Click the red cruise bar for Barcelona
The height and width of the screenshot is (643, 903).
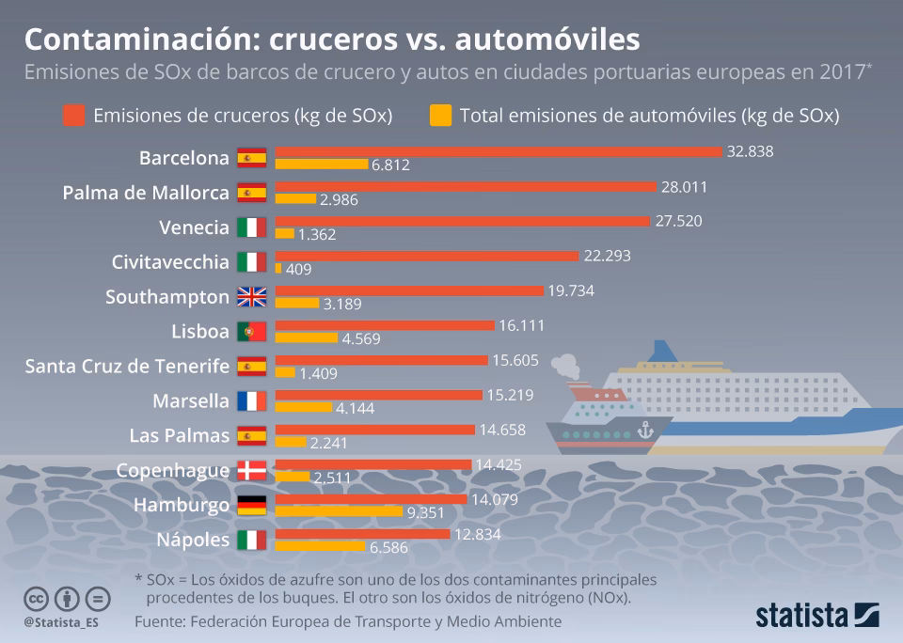(x=499, y=151)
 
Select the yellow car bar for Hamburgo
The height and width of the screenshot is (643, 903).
(x=339, y=511)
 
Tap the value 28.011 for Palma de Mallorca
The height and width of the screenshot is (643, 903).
(x=684, y=187)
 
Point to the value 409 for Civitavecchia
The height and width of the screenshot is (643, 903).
(x=298, y=269)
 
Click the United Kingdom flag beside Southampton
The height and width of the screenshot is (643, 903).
(x=251, y=297)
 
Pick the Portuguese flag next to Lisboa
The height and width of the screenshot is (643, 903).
(x=251, y=332)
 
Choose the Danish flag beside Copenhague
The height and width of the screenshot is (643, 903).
(x=251, y=471)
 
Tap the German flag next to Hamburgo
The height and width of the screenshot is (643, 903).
(x=251, y=506)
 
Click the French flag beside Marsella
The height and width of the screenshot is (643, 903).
(x=251, y=401)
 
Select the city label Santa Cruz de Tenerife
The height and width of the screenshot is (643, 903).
(x=127, y=366)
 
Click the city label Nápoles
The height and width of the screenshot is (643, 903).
(x=194, y=540)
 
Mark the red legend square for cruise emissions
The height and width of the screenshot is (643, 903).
(x=74, y=116)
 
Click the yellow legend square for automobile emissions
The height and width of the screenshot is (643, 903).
(x=440, y=116)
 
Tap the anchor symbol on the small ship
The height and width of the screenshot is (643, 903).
(x=644, y=430)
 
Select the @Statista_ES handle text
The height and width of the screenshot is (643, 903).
(x=61, y=622)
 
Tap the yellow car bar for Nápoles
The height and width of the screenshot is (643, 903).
(x=320, y=546)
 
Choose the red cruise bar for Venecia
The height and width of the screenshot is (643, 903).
(x=462, y=221)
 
